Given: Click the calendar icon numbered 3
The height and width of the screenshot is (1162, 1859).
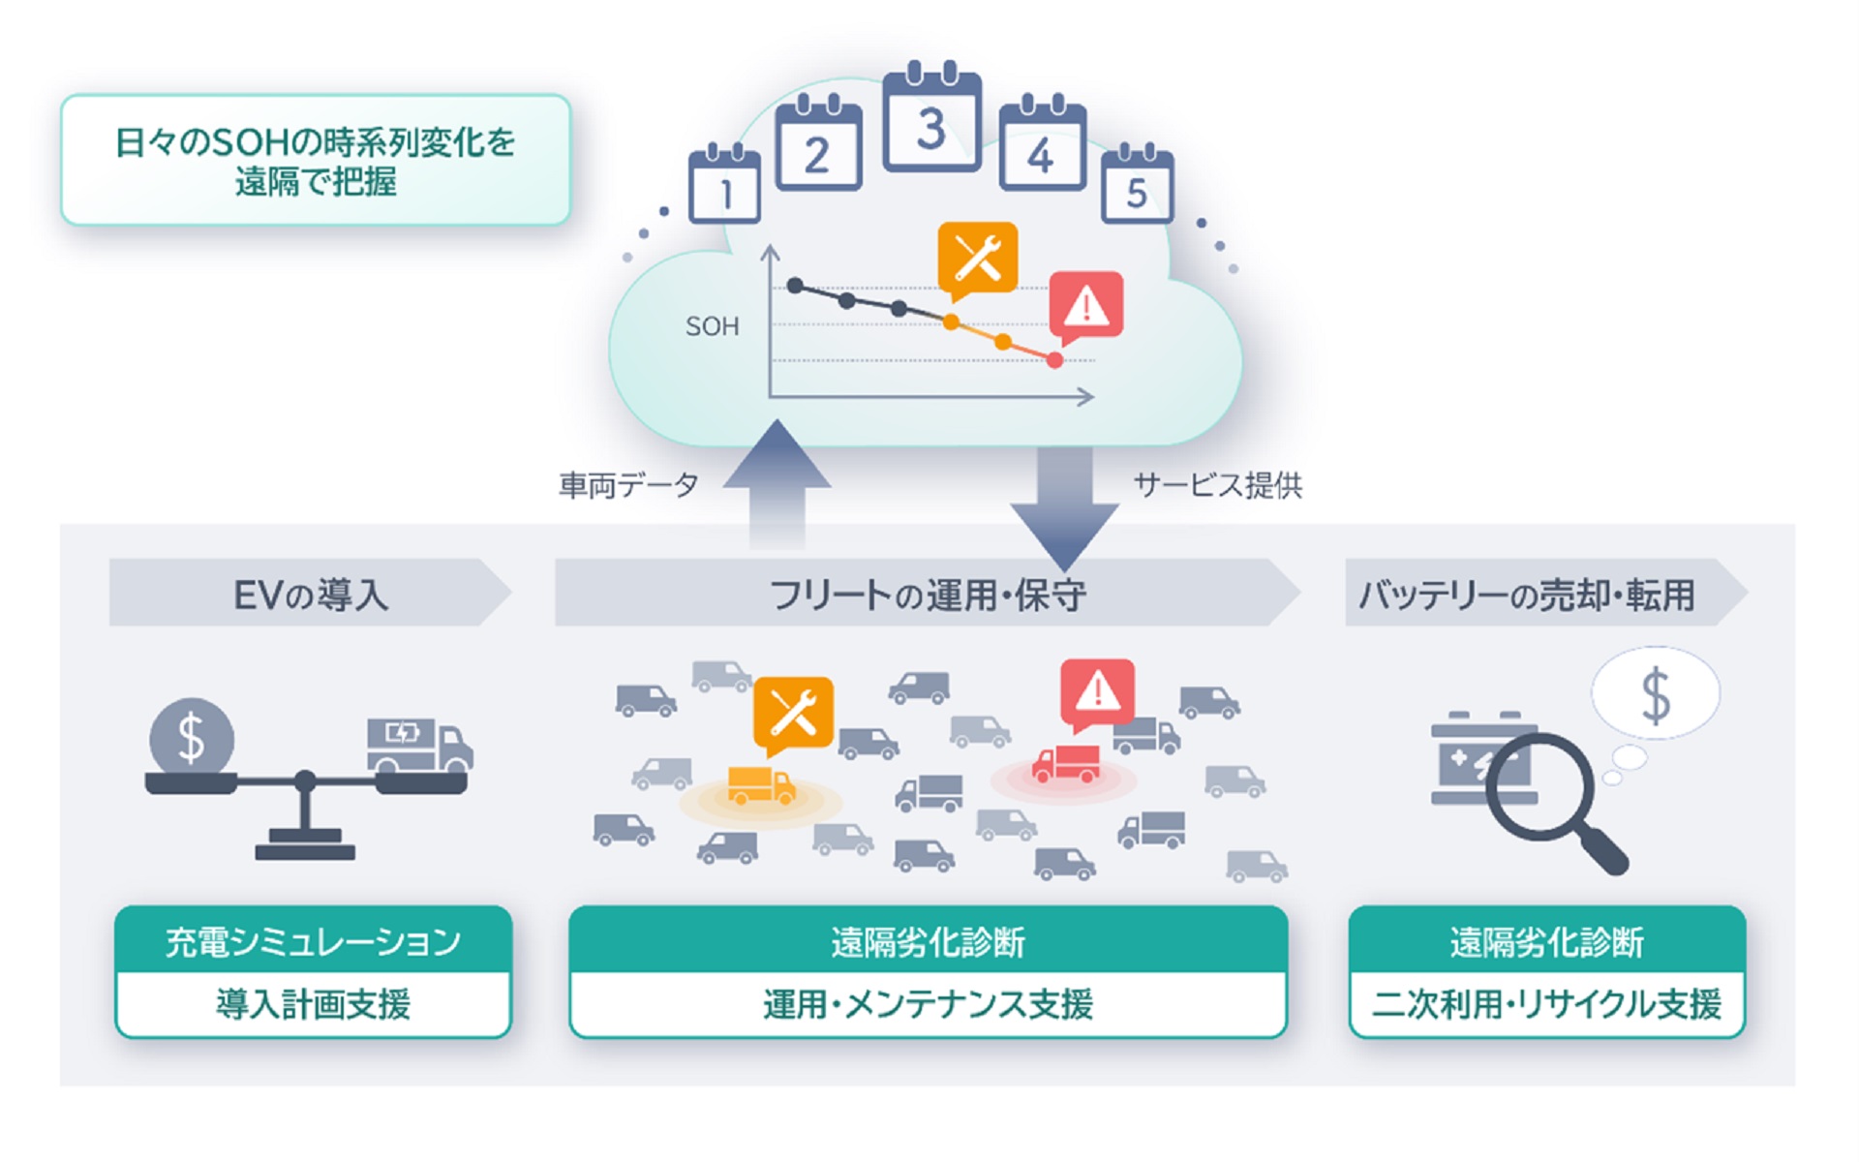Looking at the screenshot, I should click(931, 121).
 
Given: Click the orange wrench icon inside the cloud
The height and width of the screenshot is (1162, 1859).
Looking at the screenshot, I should click(978, 258).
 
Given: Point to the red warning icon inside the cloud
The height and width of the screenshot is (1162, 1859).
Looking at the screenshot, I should click(1086, 305).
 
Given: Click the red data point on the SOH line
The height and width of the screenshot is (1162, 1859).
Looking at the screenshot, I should click(1054, 360).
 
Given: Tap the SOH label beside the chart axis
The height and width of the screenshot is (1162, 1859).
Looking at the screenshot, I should click(712, 327).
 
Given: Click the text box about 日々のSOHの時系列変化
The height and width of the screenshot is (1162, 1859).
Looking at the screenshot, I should click(316, 161).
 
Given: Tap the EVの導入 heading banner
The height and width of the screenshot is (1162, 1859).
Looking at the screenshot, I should click(310, 594).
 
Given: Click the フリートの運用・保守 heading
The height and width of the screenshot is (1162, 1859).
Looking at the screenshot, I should click(927, 594).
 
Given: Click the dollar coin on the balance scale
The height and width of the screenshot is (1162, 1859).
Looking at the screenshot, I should click(192, 738).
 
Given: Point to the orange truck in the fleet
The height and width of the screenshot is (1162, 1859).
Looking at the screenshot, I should click(761, 785).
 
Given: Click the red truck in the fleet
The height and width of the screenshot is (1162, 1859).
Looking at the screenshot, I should click(1065, 764).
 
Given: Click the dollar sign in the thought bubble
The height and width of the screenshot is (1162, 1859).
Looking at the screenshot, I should click(1656, 695).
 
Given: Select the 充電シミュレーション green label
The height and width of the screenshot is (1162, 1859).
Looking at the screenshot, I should click(313, 941).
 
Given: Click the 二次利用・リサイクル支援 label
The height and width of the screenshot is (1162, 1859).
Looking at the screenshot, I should click(1546, 1004).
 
